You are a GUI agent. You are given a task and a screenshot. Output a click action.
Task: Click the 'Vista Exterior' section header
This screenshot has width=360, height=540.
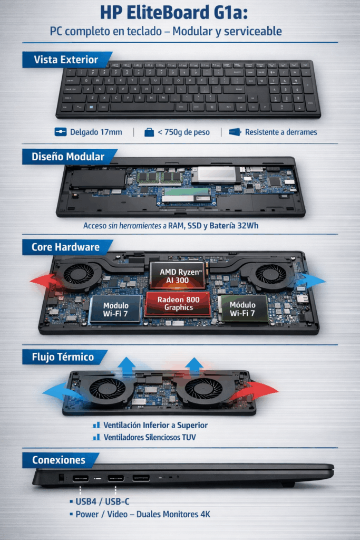click(66, 60)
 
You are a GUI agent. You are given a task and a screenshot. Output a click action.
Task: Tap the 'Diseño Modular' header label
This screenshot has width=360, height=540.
click(67, 157)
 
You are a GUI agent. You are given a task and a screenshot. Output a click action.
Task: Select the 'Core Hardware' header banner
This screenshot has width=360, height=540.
click(65, 247)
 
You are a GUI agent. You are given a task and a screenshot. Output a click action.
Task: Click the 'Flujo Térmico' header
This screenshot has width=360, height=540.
click(62, 357)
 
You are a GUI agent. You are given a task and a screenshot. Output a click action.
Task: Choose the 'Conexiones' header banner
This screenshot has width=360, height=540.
click(59, 460)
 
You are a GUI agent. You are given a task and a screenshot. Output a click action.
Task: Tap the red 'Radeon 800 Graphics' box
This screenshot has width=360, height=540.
click(178, 304)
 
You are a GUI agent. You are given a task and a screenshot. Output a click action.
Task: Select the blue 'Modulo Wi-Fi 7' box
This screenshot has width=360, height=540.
click(116, 308)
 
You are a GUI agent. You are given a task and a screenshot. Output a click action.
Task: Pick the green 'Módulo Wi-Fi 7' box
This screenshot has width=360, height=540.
click(242, 308)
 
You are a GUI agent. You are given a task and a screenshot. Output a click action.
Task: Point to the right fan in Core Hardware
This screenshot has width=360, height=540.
click(271, 274)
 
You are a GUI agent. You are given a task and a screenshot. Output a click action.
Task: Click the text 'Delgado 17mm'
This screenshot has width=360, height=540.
click(95, 132)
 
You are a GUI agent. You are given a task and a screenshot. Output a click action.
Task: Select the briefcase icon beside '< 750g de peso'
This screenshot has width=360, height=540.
click(149, 132)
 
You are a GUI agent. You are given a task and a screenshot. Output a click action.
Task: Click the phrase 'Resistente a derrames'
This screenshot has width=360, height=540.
click(281, 132)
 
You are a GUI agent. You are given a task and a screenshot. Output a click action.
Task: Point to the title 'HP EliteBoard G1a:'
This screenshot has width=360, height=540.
click(179, 13)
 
